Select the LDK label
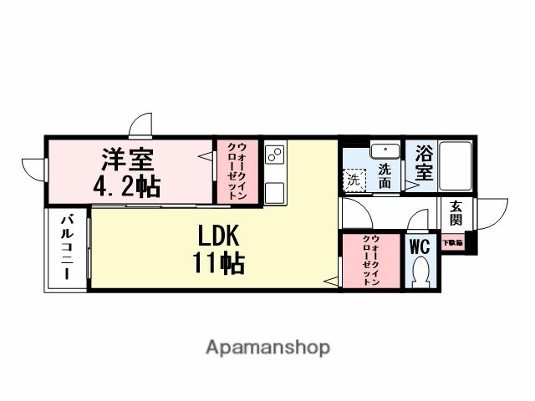point(219,234)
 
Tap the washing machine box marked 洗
point(354,180)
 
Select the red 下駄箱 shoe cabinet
point(452,243)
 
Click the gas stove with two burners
point(275,155)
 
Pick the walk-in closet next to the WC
point(370,261)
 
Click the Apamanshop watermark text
point(267,348)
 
